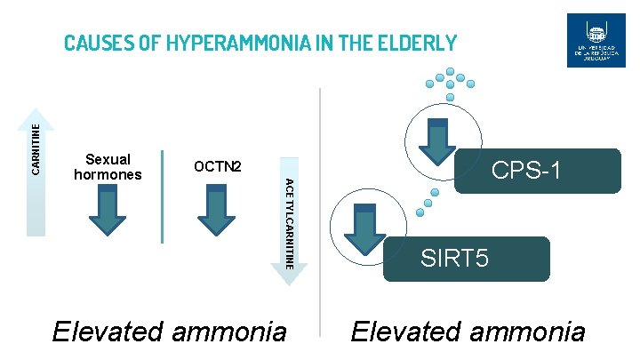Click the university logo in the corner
(596, 40)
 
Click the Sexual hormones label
(108, 167)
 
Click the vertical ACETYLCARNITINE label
(288, 223)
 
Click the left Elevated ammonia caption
(170, 332)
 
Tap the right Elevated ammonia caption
(468, 332)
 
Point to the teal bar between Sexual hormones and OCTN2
(163, 196)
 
